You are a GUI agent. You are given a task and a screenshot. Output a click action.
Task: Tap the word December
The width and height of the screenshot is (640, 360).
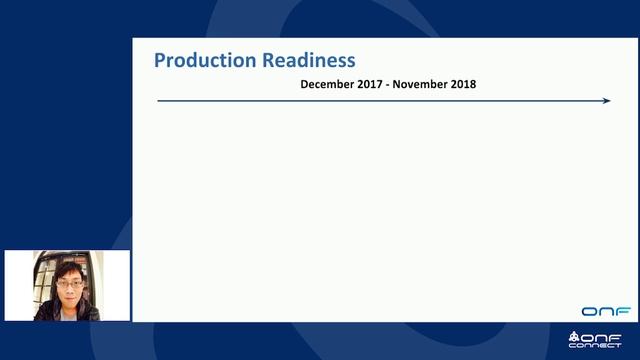[x=327, y=84]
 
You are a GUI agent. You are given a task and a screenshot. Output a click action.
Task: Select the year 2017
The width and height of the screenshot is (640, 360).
[x=370, y=84]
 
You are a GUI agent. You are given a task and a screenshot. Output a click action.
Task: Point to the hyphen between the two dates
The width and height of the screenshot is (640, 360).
[x=388, y=85]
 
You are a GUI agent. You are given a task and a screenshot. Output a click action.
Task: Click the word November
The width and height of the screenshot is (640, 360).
[x=420, y=84]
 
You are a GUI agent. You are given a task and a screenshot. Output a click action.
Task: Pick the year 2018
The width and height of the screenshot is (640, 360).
[x=462, y=84]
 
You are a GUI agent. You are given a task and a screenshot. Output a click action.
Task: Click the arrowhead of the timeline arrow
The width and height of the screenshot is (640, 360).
[x=606, y=100]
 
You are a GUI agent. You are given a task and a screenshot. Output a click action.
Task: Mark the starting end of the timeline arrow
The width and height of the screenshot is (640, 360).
[x=159, y=100]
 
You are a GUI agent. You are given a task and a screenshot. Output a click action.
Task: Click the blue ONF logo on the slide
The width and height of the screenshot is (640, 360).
[x=606, y=311]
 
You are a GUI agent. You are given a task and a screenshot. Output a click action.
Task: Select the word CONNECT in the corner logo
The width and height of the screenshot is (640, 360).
[x=595, y=345]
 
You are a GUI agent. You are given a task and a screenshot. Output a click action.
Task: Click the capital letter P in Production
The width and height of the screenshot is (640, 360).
[x=160, y=61]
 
